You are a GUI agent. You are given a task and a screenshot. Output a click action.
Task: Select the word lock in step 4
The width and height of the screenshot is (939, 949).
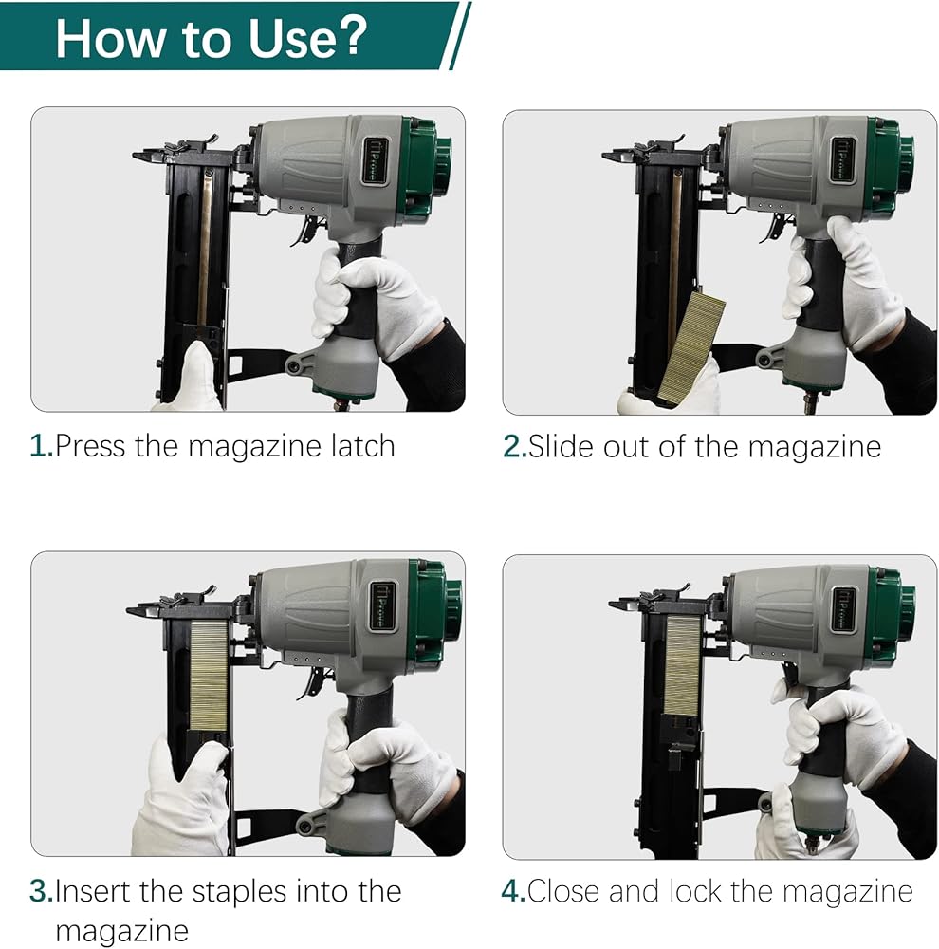(x=695, y=891)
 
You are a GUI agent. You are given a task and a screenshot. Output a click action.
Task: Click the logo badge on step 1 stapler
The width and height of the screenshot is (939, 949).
(x=376, y=159)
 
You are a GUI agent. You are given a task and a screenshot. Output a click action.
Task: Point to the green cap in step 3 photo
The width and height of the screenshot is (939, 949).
(x=435, y=609)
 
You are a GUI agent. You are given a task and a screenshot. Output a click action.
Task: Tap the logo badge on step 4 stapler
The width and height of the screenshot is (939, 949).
(x=845, y=609)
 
